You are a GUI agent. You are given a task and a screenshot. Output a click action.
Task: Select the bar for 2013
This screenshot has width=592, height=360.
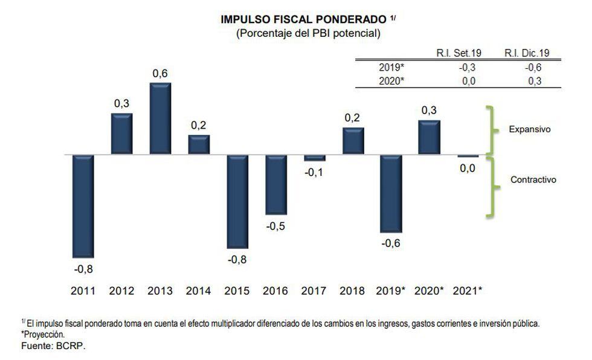[160, 118]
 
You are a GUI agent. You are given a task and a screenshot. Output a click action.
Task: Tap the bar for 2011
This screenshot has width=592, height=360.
[83, 206]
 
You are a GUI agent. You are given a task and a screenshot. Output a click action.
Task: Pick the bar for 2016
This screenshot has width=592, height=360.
[275, 184]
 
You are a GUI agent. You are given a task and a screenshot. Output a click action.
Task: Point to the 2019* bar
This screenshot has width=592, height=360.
[391, 193]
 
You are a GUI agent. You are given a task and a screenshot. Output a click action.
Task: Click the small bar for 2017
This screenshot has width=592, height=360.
[314, 158]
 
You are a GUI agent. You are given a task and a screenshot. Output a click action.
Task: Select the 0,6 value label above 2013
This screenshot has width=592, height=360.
[160, 74]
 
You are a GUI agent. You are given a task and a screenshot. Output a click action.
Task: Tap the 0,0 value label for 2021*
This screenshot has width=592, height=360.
[468, 169]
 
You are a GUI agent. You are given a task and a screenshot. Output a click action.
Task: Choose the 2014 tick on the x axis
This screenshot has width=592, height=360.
[198, 291]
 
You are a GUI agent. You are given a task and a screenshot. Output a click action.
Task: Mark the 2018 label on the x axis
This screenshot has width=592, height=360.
[352, 291]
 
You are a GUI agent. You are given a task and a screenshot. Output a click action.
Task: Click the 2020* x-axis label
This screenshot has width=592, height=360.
[430, 291]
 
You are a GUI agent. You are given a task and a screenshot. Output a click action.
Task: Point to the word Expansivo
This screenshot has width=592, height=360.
[529, 129]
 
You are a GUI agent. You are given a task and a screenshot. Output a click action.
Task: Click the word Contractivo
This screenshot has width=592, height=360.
[533, 179]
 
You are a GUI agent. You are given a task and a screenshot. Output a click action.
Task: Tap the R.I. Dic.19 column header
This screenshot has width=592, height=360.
[527, 53]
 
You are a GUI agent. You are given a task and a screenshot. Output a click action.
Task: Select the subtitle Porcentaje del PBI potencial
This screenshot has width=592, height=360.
[308, 34]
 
